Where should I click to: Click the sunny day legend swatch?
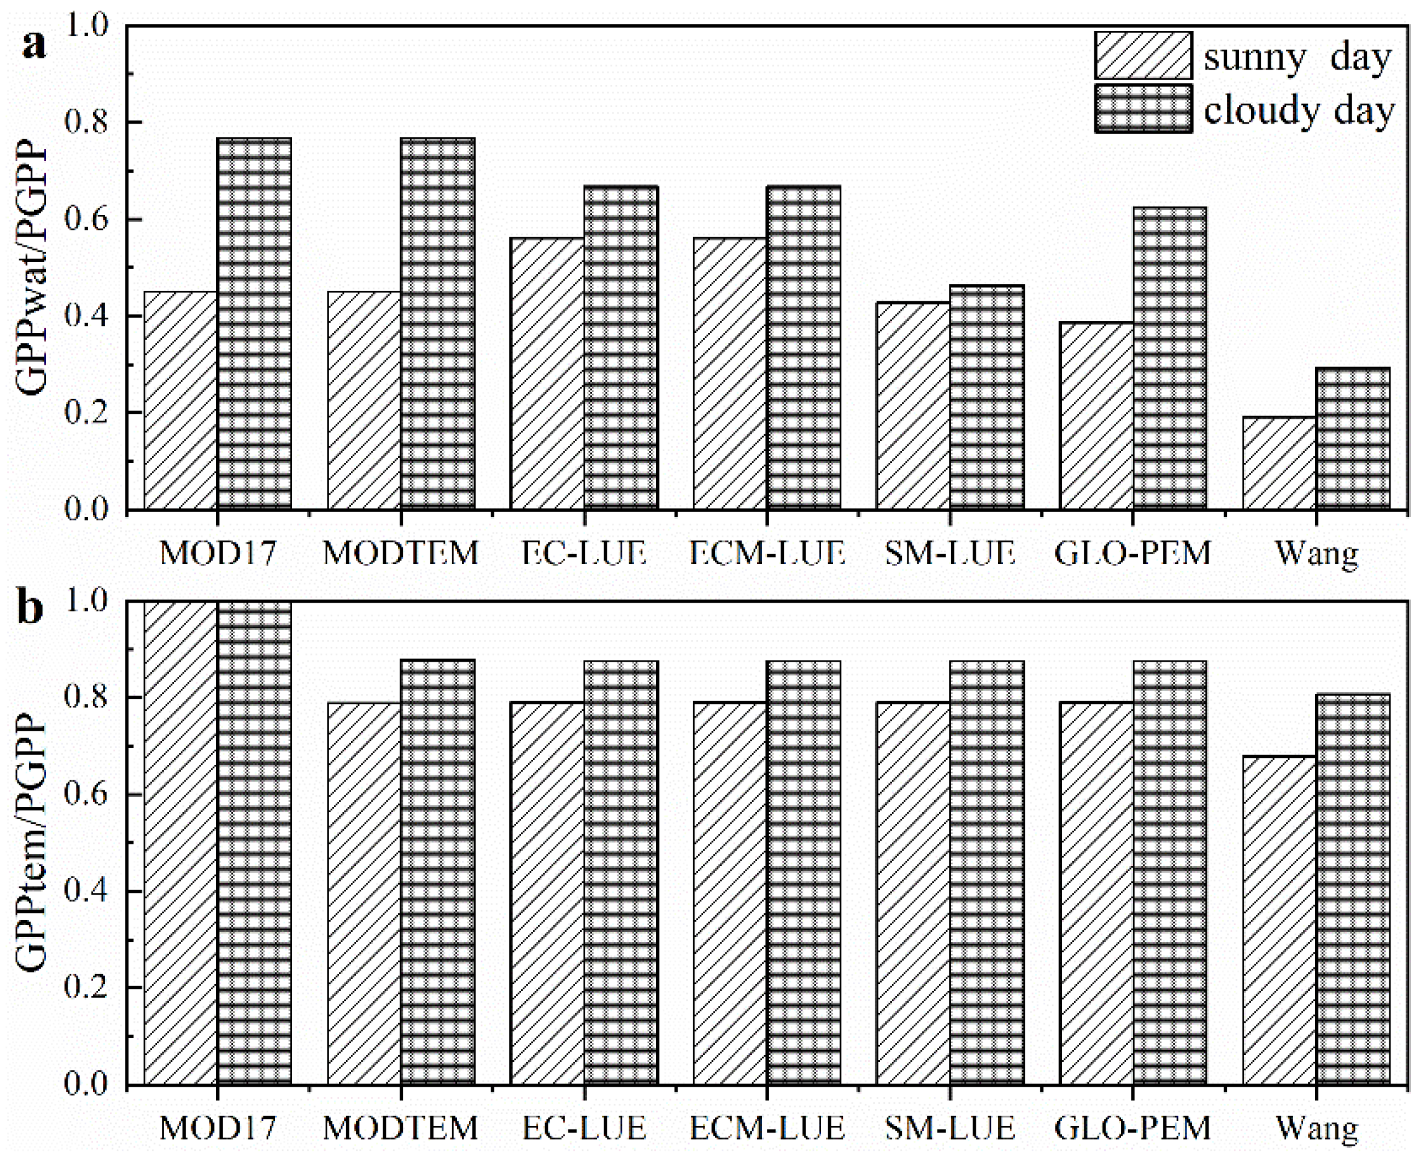point(1143,56)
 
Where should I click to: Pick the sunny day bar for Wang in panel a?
point(1279,463)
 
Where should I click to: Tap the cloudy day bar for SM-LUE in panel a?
point(986,398)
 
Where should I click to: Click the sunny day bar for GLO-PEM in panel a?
point(1096,416)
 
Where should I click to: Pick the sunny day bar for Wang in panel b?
point(1279,921)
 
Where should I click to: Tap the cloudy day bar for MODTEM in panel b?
point(438,873)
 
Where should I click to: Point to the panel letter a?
point(35,45)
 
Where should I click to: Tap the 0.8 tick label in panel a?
point(86,122)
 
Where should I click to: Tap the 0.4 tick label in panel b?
point(86,891)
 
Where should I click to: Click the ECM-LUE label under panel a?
point(767,552)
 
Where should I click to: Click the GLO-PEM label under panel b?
point(1133,1127)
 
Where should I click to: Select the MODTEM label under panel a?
point(401,552)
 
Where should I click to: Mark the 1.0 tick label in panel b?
point(86,602)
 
